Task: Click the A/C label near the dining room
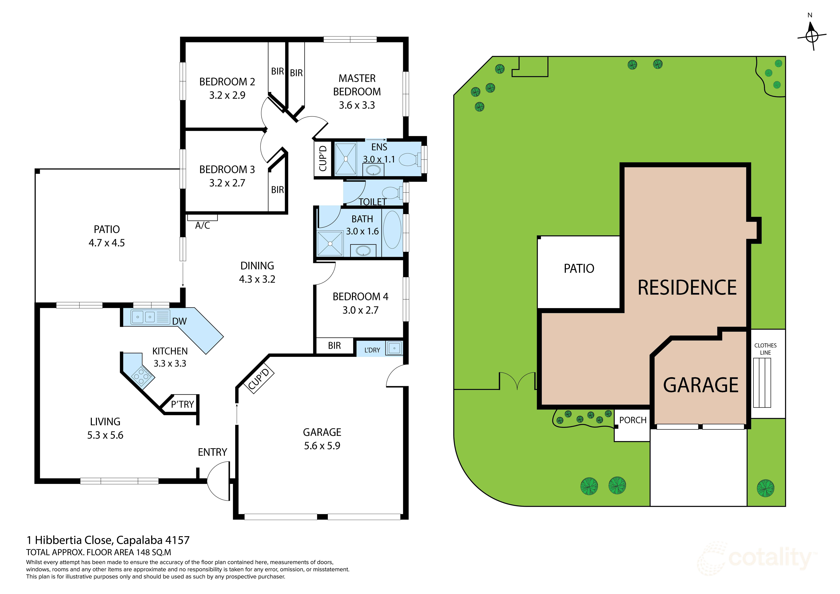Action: tap(202, 225)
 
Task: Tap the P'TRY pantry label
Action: tap(182, 404)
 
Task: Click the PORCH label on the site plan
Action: tap(633, 420)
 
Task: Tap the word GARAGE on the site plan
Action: tap(701, 385)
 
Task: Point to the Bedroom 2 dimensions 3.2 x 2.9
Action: tap(227, 95)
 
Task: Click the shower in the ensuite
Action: tap(345, 159)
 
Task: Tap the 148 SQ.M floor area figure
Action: tap(153, 552)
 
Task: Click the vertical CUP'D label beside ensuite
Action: tap(322, 158)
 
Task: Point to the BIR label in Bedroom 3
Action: tap(277, 190)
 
